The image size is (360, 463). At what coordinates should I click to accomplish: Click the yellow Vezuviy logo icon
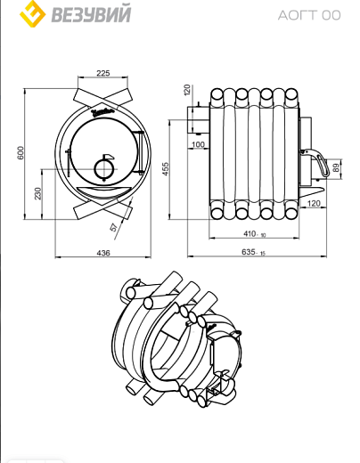point(32,13)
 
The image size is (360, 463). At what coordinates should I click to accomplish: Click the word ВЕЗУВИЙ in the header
point(92,14)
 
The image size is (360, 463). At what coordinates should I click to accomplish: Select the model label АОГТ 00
point(309,15)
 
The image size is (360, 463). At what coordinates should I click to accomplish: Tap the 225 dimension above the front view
point(103,73)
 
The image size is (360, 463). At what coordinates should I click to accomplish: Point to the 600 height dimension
point(20,152)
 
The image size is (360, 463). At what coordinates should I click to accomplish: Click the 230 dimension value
point(37,193)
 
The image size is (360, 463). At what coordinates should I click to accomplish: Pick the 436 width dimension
point(103,253)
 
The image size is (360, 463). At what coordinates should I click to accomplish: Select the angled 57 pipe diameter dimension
point(114,227)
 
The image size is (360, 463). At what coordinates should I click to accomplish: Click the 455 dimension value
point(165,169)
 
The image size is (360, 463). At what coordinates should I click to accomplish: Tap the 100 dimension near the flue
point(198,144)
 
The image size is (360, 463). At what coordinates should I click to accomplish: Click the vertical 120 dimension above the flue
point(186,90)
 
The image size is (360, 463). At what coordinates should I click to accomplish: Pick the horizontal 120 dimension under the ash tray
point(314,203)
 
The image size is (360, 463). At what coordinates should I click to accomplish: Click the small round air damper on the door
point(104,169)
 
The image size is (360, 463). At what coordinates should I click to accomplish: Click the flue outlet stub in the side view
point(198,119)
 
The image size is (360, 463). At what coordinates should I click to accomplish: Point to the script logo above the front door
point(102,112)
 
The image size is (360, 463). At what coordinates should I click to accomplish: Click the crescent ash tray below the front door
point(103,191)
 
